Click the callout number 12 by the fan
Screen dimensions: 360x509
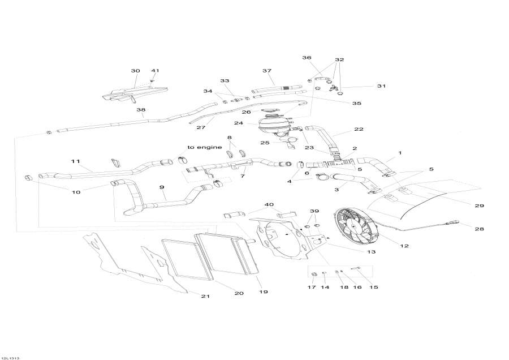(404, 246)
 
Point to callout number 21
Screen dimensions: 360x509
(205, 297)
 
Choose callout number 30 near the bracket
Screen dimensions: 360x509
(135, 71)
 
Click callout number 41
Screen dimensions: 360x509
(155, 71)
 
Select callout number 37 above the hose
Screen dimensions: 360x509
(267, 71)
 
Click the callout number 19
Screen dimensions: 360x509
(264, 292)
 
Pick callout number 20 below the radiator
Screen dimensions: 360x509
(239, 293)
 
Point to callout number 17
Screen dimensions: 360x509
(312, 288)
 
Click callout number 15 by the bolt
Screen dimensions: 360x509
(374, 288)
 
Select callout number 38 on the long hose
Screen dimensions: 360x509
(141, 110)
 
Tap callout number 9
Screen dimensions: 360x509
(162, 187)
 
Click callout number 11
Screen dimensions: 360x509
(76, 161)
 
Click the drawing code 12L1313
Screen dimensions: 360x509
(11, 357)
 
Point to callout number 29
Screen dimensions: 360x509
(479, 205)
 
